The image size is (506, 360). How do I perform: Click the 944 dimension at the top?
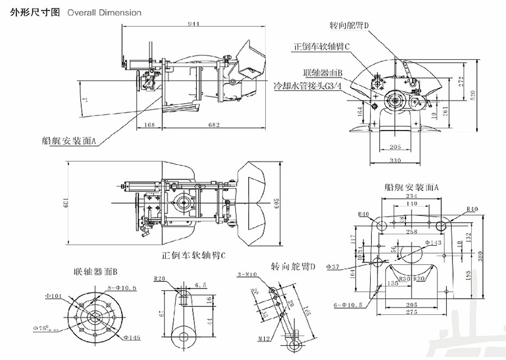194,24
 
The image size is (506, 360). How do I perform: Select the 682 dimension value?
213,125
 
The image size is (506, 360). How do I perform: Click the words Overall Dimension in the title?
104,12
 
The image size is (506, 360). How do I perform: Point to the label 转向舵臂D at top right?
350,25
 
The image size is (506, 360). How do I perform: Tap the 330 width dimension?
396,160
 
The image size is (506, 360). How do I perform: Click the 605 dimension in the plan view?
276,202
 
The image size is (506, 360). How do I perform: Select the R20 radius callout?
160,279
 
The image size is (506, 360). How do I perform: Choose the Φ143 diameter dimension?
434,243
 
